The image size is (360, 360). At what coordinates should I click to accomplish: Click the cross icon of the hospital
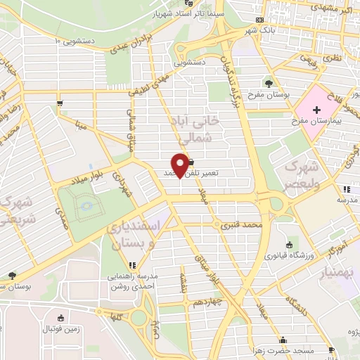[x=317, y=110]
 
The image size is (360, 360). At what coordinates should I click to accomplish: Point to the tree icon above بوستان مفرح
[x=269, y=84]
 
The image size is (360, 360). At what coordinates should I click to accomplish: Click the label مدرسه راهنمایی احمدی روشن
[x=133, y=281]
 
